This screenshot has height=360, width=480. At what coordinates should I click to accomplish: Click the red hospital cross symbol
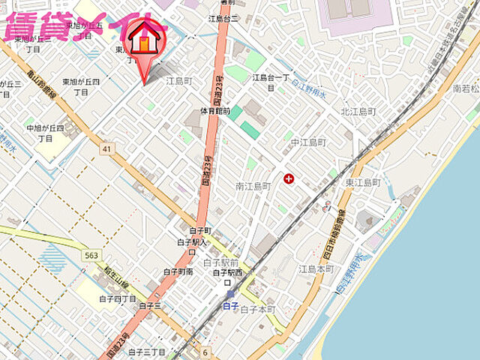[x=289, y=178]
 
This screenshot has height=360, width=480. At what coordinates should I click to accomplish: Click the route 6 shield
[x=205, y=352]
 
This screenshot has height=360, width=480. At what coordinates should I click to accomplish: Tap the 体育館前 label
[x=215, y=111]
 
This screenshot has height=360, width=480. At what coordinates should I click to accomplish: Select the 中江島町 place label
[x=308, y=142]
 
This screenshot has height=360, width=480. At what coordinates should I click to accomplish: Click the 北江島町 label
[x=358, y=112]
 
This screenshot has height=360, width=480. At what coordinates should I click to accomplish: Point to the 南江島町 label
[x=253, y=185]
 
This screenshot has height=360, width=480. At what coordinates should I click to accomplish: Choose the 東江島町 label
[x=363, y=182]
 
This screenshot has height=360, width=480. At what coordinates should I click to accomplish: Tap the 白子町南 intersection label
[x=178, y=271]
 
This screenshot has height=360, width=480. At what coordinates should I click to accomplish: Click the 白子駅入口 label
[x=192, y=247]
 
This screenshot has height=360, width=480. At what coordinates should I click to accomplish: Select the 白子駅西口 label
[x=227, y=277]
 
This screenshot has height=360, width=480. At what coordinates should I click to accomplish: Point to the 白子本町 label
[x=258, y=309]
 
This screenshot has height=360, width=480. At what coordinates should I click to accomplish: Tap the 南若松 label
[x=466, y=88]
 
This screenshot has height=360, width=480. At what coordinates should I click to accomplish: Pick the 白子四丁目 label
[x=117, y=298]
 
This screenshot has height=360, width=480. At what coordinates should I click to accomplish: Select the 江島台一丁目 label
[x=271, y=82]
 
